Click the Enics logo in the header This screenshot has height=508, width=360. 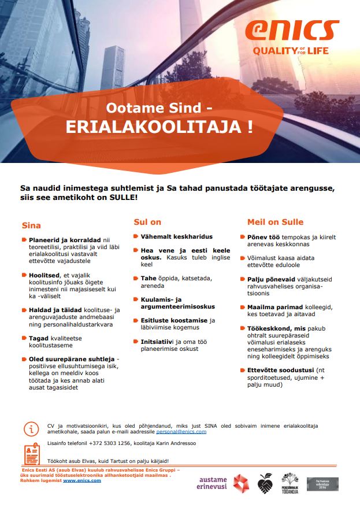[x=292, y=31]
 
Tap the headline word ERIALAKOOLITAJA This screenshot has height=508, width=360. [x=159, y=127]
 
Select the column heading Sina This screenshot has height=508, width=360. [x=31, y=225]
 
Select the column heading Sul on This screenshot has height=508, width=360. [x=147, y=222]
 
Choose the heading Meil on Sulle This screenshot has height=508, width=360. [x=275, y=222]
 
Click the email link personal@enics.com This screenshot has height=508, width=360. [x=181, y=432]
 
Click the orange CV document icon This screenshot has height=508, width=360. [x=31, y=455]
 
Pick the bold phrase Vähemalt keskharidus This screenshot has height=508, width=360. [x=177, y=236]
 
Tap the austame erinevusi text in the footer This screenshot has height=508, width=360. [x=212, y=483]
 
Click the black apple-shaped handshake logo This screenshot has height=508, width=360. [x=265, y=483]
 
